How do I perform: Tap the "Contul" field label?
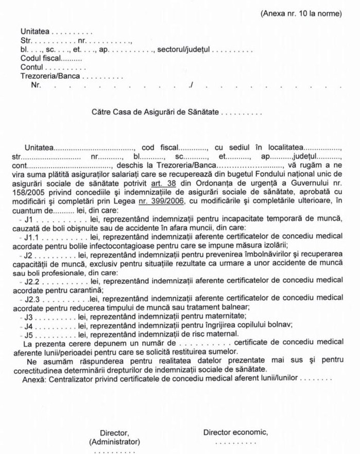tap(32, 68)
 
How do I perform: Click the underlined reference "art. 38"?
tap(164, 184)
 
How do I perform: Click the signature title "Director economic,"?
tap(235, 432)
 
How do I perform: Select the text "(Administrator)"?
tap(114, 442)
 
